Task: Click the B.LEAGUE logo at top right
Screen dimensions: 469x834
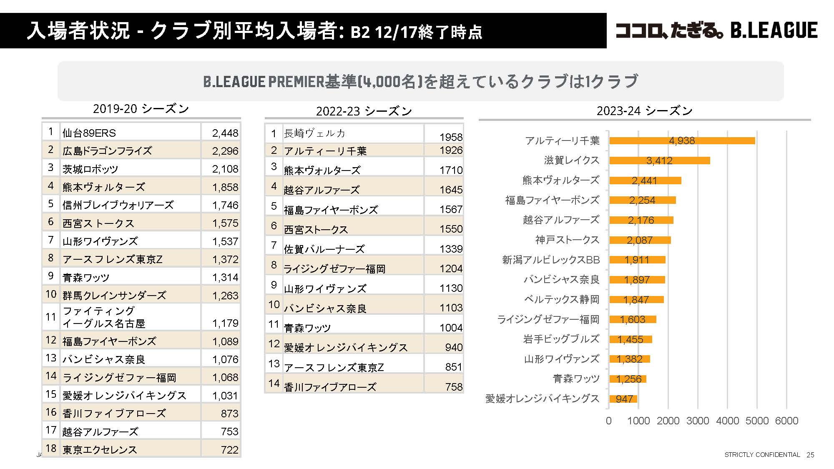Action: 716,30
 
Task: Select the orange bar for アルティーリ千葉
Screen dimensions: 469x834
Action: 682,140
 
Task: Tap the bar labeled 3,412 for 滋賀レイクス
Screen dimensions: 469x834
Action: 659,161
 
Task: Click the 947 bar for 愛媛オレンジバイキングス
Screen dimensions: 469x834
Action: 623,399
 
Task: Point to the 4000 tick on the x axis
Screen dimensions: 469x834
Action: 727,421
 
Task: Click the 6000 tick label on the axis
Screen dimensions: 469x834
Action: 786,421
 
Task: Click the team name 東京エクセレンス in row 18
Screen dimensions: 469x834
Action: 100,449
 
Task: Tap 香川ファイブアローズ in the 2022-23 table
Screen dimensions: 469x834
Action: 330,387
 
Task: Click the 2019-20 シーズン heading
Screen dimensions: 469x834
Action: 141,109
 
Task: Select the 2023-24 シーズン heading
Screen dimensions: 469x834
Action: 644,111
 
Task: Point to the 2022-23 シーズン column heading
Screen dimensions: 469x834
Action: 364,111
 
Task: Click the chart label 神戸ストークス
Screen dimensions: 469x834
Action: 567,240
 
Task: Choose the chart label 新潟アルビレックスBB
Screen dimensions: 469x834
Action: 550,260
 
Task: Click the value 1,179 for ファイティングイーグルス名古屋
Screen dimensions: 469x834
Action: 225,323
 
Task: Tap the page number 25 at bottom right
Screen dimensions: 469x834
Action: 810,455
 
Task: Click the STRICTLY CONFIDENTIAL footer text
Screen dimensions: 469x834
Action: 762,455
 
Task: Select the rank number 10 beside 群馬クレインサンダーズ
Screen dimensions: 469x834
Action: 51,294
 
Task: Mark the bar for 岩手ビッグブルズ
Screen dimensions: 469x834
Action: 630,339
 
